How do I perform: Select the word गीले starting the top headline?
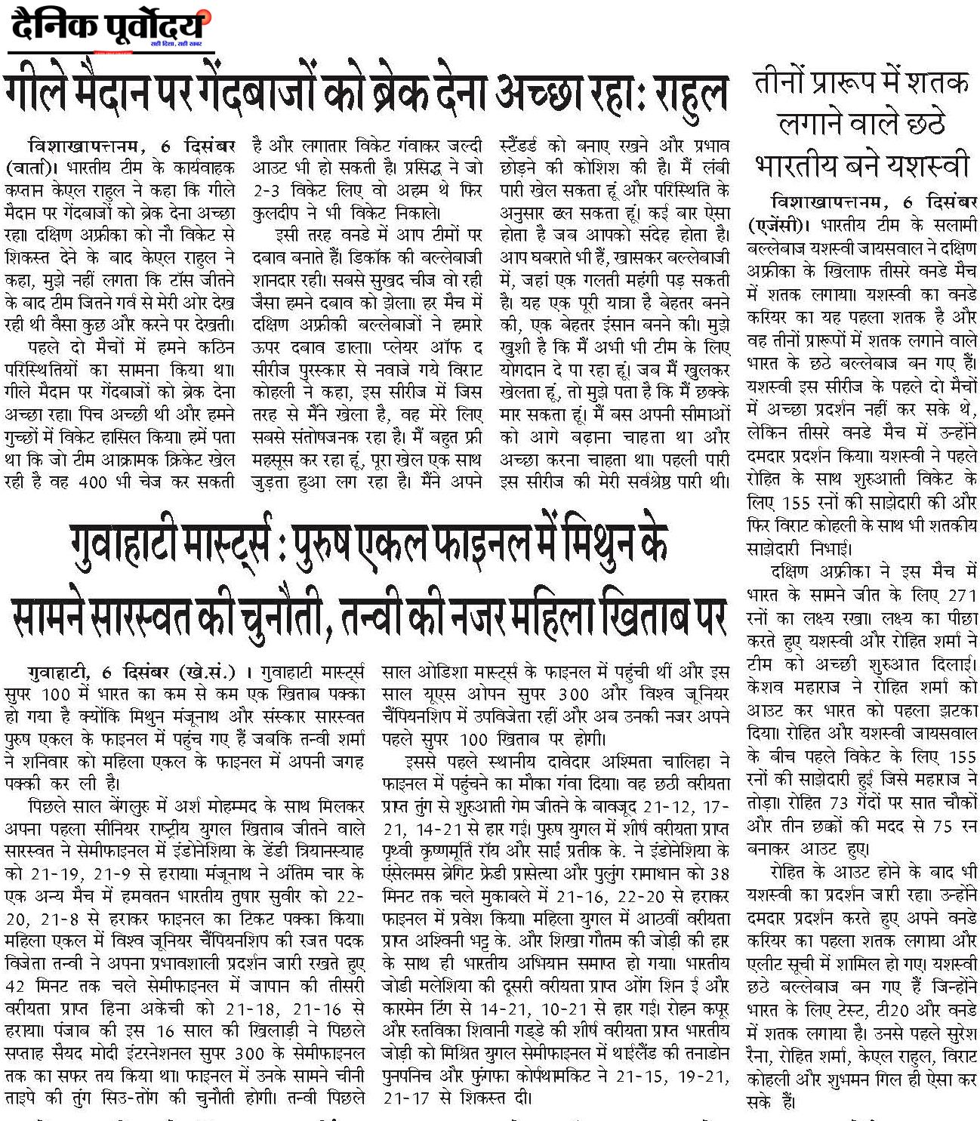[x=42, y=94]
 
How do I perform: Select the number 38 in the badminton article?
[x=720, y=874]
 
